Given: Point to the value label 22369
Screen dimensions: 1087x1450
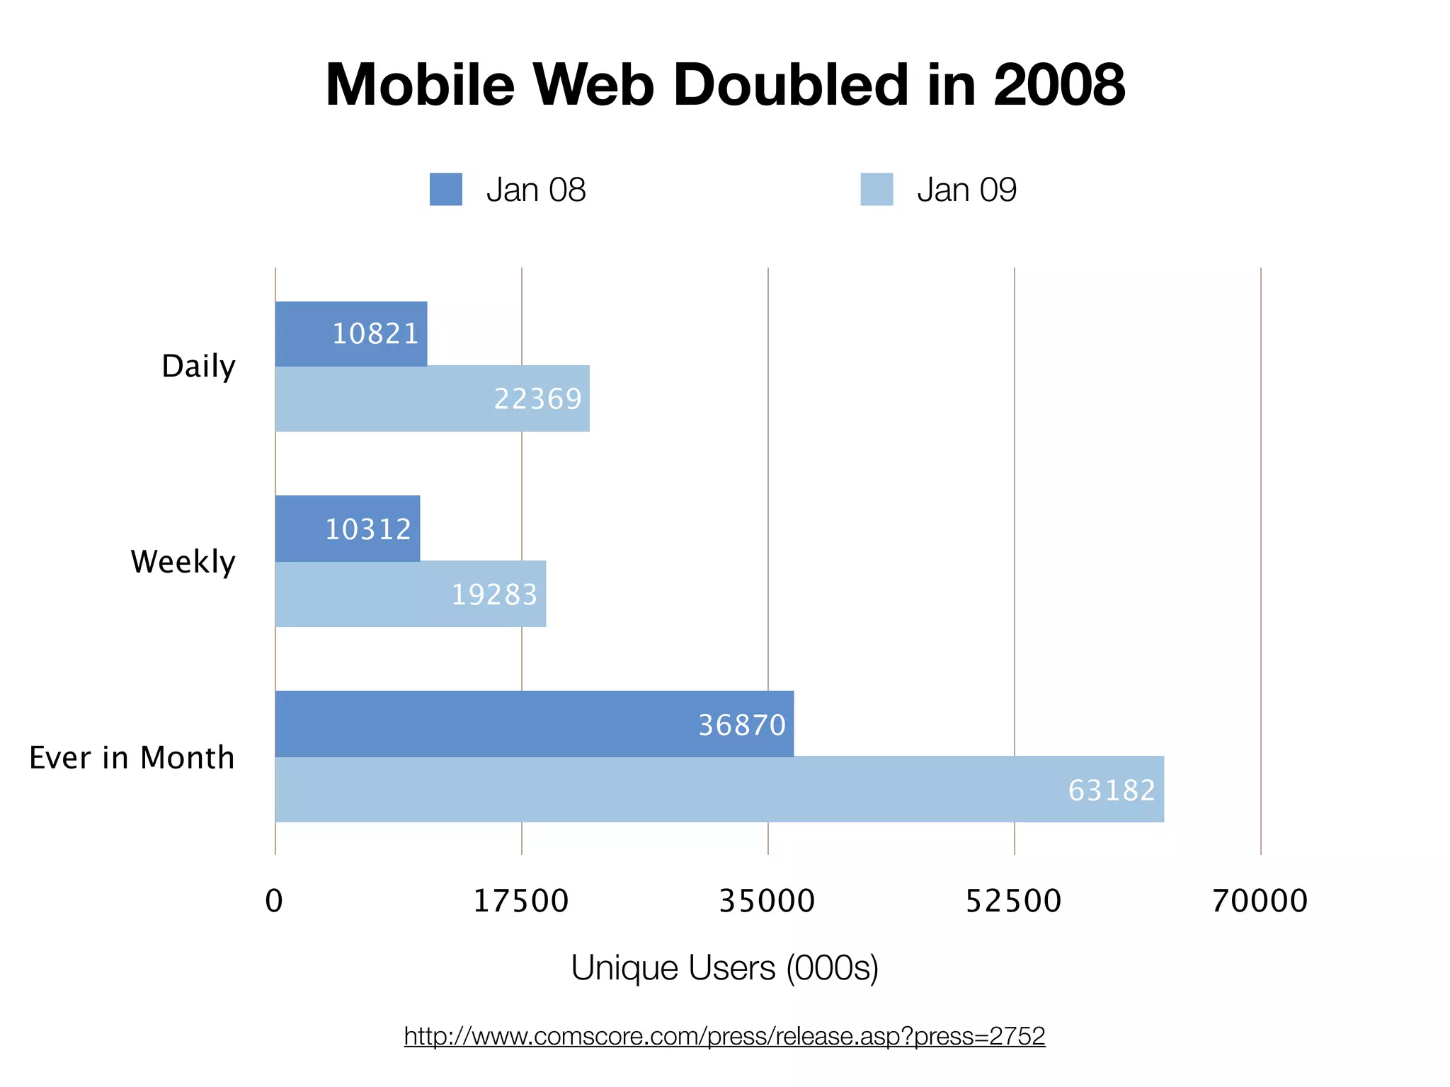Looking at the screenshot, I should (537, 399).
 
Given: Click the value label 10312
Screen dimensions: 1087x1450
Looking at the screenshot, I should (368, 529).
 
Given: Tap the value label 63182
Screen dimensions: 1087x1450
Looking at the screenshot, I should (1112, 790).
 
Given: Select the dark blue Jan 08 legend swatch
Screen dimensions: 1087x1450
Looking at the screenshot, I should (445, 189).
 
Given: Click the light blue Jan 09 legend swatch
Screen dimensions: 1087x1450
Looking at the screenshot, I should (877, 189).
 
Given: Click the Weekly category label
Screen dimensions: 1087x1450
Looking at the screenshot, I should (183, 562).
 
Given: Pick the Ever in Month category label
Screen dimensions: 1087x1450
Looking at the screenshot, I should (132, 757).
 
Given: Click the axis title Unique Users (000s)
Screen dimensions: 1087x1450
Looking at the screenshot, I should (724, 967).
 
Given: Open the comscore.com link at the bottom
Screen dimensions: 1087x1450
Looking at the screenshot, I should (724, 1036).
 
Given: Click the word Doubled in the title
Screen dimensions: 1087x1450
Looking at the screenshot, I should (789, 85).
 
